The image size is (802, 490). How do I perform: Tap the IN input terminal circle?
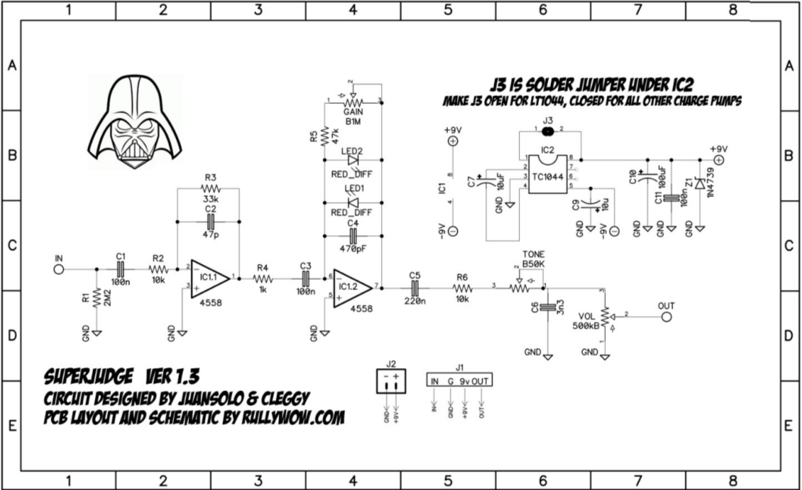click(58, 270)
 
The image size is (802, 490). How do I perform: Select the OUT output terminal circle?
click(667, 317)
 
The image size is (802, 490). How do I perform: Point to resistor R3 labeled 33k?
click(210, 190)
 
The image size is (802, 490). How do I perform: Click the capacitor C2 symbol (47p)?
click(210, 220)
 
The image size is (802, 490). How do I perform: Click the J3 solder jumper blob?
click(547, 132)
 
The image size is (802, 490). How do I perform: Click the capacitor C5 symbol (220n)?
click(414, 289)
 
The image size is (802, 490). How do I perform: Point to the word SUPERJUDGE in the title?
click(87, 377)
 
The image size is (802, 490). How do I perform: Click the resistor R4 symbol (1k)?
click(263, 279)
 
